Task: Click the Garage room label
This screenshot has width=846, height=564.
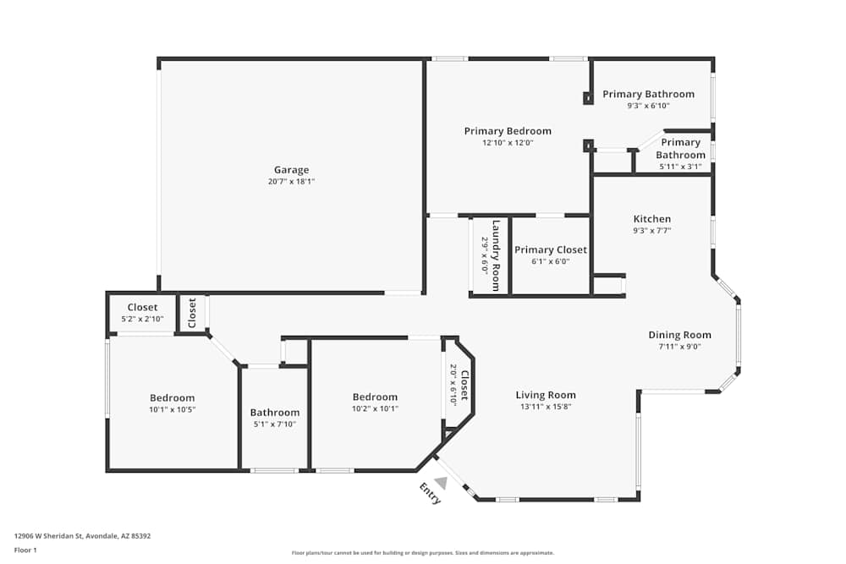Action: pos(291,170)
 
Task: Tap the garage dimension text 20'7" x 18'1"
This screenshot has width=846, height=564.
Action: pos(291,182)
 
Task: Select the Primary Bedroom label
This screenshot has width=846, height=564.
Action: pos(508,131)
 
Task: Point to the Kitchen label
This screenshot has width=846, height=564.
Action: pos(652,219)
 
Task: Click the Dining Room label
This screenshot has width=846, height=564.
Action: pos(680,335)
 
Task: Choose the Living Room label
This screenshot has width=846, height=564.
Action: pos(546,395)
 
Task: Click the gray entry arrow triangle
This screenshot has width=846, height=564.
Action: pos(442,483)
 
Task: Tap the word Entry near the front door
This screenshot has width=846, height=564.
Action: pos(431,493)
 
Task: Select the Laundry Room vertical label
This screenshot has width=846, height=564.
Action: pos(496,255)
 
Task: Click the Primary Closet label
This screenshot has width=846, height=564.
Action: pos(551,250)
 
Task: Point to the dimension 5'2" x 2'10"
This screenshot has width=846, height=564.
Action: pos(142,319)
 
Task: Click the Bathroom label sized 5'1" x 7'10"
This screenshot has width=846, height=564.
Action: pos(275,413)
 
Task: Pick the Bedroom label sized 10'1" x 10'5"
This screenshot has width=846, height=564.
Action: pos(172,398)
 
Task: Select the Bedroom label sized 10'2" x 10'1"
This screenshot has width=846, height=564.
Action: pos(375,397)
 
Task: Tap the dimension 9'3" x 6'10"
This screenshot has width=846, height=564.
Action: pos(648,107)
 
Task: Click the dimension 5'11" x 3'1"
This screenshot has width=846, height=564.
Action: pos(680,167)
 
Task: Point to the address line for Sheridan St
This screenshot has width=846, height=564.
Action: pos(83,536)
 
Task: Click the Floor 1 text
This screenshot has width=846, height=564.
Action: pos(25,550)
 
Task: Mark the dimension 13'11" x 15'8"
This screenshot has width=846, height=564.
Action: pos(546,407)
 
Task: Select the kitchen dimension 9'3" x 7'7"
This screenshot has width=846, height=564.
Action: pos(652,231)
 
